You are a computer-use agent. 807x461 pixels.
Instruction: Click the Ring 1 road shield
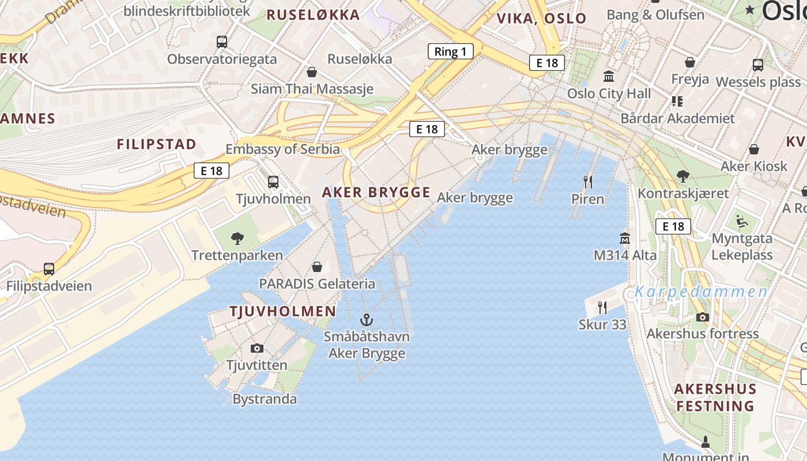[450, 52]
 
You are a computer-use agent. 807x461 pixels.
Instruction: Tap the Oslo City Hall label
[609, 93]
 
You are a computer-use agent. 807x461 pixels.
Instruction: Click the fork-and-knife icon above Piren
[588, 182]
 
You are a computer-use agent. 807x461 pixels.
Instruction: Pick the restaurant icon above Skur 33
[602, 307]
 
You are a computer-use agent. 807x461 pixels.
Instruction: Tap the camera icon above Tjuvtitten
[257, 348]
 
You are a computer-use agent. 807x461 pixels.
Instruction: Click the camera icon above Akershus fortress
[702, 316]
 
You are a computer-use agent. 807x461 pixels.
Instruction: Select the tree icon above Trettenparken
[237, 238]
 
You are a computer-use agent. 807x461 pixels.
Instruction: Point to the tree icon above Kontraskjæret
[683, 176]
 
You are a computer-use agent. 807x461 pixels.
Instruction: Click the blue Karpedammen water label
[701, 292]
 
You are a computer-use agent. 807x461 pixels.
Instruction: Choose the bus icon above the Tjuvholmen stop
[273, 182]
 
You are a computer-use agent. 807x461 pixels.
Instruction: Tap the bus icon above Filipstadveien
[49, 269]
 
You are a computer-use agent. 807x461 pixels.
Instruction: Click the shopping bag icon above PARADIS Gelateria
[317, 266]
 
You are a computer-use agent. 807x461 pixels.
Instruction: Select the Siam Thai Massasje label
[312, 89]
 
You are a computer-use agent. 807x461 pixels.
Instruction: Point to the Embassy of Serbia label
[282, 149]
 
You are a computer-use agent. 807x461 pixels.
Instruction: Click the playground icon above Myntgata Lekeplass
[742, 221]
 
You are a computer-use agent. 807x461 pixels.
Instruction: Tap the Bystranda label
[265, 399]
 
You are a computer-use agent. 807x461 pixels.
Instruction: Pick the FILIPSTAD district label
[157, 144]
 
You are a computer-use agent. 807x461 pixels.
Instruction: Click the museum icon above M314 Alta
[625, 237]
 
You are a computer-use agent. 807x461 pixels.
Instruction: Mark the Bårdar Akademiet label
[678, 119]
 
